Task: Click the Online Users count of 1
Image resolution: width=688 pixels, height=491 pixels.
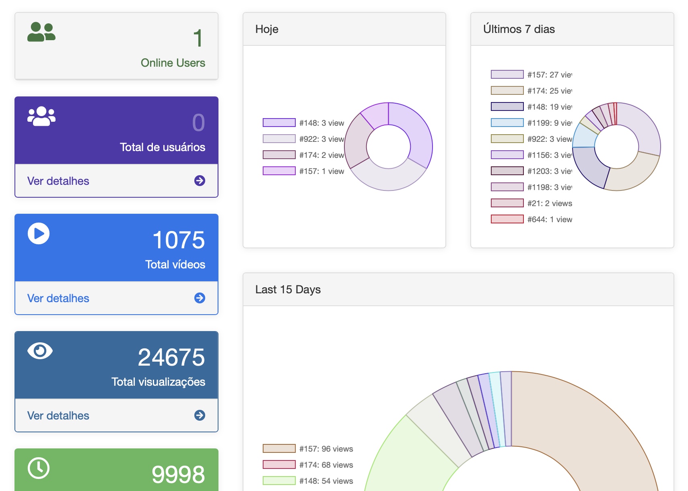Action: pos(198,39)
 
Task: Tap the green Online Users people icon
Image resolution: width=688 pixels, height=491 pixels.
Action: pos(41,32)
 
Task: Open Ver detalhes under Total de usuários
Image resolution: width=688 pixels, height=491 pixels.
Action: pos(58,181)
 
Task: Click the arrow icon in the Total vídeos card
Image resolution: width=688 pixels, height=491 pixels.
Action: pos(200,298)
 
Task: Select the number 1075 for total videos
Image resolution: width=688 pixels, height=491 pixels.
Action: pos(179,240)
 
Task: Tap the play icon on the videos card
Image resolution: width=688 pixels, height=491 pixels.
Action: pos(39,233)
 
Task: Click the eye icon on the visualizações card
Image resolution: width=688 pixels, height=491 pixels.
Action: pos(40,351)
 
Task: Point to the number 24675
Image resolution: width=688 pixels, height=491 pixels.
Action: pos(171,358)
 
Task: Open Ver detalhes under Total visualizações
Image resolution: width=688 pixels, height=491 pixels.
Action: pos(58,416)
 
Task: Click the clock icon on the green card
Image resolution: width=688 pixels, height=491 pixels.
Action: pos(39,468)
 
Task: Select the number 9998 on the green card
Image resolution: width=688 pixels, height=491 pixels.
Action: pos(178,475)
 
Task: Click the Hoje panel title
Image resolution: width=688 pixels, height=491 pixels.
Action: pos(267,29)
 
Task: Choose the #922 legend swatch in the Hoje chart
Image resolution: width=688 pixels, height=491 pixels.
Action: pos(279,139)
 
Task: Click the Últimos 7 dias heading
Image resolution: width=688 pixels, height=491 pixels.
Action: pos(519,29)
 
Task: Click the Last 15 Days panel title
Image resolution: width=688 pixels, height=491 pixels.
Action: pos(288,290)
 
